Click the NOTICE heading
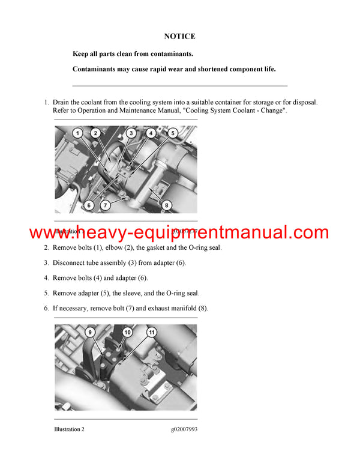tap(180, 37)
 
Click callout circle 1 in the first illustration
tap(78, 133)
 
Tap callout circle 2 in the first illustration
tap(96, 133)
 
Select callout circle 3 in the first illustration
tap(132, 133)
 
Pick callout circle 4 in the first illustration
tap(151, 133)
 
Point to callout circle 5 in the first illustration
tap(173, 133)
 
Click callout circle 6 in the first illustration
tap(89, 205)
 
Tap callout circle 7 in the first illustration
tap(105, 205)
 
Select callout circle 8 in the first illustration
tap(167, 205)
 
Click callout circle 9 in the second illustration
tap(90, 331)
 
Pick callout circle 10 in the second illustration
tap(127, 331)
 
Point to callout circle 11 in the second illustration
tap(151, 331)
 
